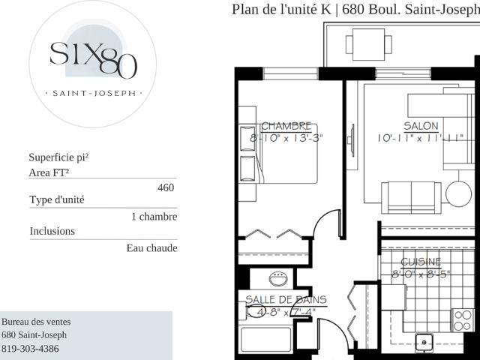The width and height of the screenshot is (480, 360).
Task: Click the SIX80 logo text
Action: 93,58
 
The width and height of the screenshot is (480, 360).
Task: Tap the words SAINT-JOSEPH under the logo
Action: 93,94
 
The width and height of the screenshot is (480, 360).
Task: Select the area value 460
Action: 166,187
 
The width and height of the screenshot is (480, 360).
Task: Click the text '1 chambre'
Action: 154,217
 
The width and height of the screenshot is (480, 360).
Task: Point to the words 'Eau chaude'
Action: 151,248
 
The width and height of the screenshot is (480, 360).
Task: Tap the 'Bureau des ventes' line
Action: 36,322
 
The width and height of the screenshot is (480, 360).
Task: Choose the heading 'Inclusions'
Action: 52,231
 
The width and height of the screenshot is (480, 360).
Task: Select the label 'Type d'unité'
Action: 57,200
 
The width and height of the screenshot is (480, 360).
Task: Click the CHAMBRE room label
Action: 286,126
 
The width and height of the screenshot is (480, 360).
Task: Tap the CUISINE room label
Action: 421,262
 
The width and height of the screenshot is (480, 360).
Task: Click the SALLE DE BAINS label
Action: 286,299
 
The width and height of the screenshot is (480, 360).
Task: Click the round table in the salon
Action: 458,193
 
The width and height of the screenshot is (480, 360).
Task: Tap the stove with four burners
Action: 463,320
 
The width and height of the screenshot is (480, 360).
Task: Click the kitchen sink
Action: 426,343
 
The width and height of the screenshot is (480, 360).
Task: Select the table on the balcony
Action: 368,43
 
